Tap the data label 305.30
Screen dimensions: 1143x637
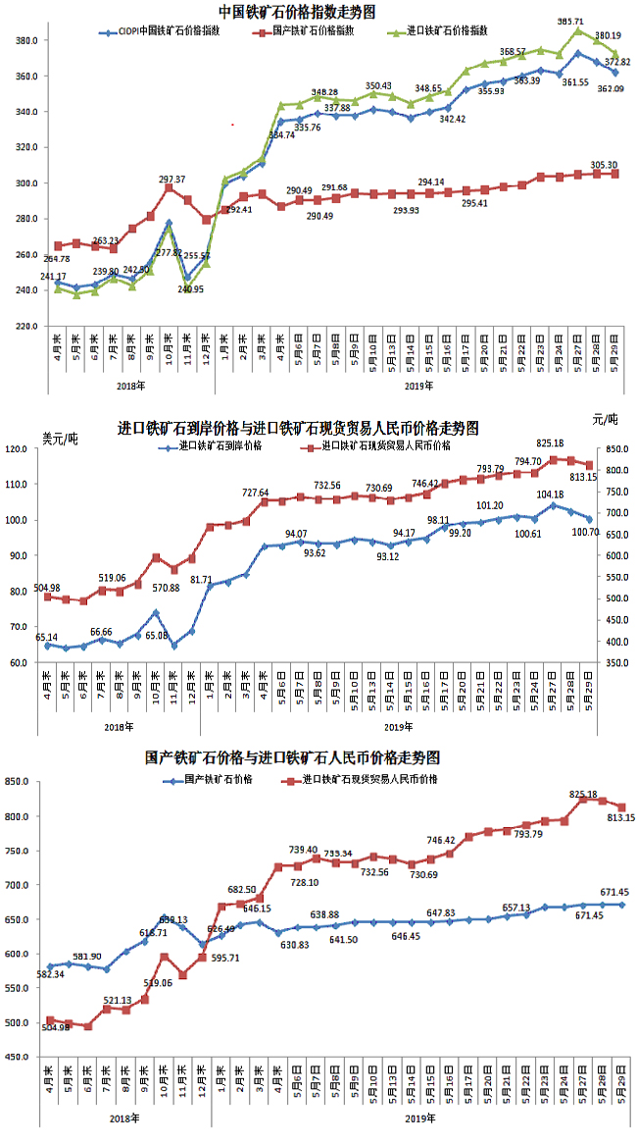(604, 164)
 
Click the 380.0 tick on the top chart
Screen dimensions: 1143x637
(26, 41)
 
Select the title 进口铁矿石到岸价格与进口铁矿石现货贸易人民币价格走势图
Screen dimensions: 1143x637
(298, 429)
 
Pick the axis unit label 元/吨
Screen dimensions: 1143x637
(606, 419)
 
